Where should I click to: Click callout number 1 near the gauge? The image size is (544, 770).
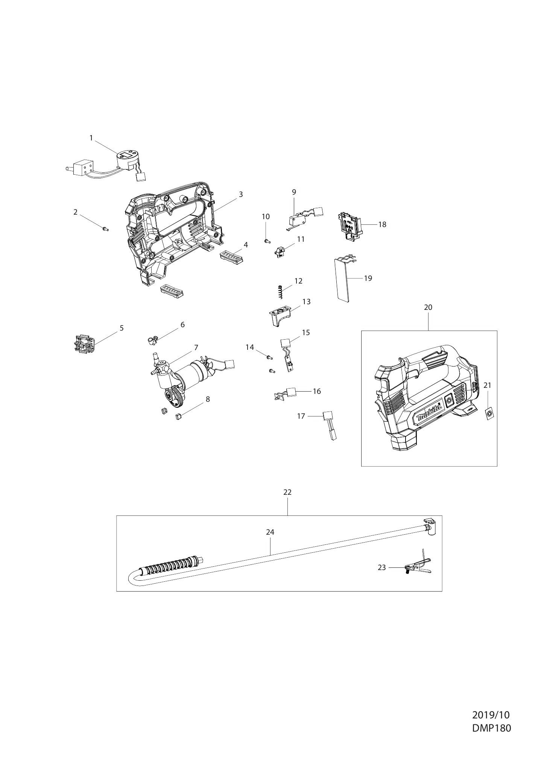(x=91, y=138)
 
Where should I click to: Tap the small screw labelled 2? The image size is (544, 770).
(x=105, y=228)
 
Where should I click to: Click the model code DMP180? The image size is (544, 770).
(x=491, y=728)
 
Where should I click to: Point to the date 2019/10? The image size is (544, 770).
(x=491, y=715)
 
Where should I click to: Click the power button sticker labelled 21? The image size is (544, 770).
(x=489, y=414)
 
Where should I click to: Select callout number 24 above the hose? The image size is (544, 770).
(x=270, y=532)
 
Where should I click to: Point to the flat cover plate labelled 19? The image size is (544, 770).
(x=342, y=279)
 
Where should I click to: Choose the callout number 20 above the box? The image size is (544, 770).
(x=428, y=307)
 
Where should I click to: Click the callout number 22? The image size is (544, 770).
(x=287, y=492)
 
